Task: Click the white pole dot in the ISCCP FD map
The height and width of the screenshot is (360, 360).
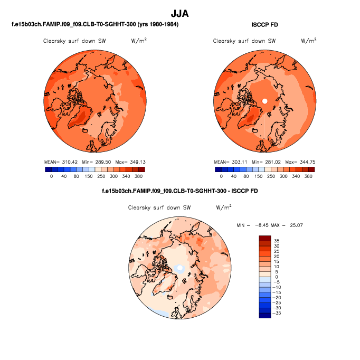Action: (x=265, y=100)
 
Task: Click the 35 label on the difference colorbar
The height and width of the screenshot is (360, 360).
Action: (x=277, y=241)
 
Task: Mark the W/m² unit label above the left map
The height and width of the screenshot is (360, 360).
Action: (x=138, y=40)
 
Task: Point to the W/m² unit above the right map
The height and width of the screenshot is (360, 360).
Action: (x=308, y=40)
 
